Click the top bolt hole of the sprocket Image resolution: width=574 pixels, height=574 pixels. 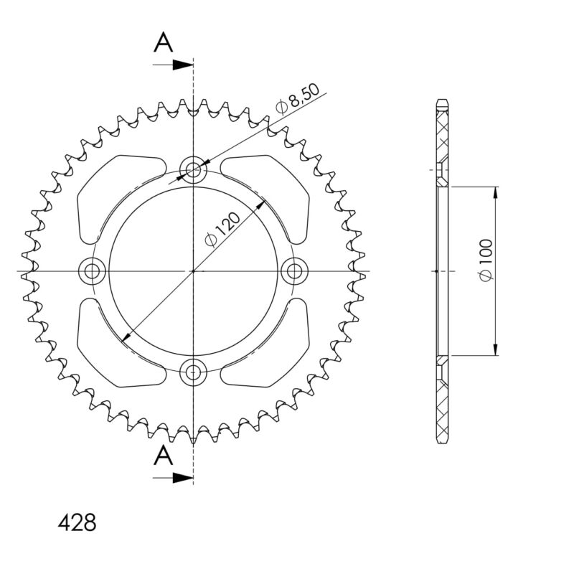coord(193,169)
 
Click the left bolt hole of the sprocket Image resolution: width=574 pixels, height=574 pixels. coord(92,271)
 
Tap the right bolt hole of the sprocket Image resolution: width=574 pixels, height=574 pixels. coord(295,271)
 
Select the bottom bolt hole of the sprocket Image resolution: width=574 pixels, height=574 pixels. coord(193,372)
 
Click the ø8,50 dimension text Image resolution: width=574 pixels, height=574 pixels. coord(298,99)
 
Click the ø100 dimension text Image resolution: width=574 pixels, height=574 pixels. coord(486,260)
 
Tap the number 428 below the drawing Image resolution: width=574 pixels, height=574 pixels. coord(77,522)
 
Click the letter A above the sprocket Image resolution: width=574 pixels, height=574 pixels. coord(164,42)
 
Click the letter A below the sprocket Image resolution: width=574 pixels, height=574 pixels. coord(164,456)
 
